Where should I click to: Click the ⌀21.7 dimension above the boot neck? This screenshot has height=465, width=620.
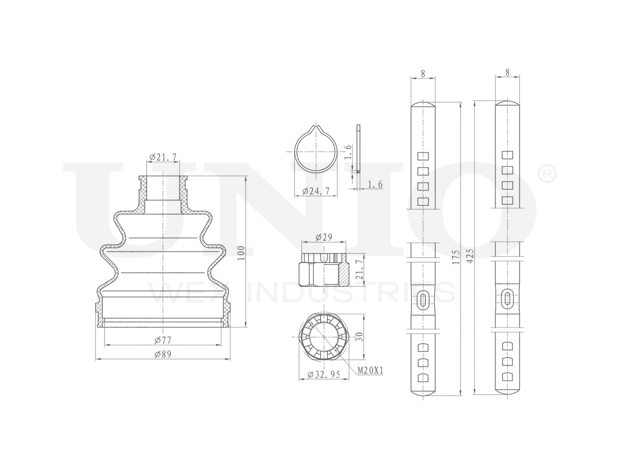(x=163, y=157)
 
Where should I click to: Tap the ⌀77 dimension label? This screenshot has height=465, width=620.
(x=163, y=341)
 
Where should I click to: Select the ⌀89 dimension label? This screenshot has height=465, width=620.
(x=163, y=355)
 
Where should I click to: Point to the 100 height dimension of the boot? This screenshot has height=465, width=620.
(x=241, y=253)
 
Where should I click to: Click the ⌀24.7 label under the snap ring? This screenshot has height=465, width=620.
(x=316, y=191)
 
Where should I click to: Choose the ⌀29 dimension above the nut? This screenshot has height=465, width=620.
(x=324, y=237)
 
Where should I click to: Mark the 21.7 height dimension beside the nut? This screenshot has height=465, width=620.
(x=359, y=270)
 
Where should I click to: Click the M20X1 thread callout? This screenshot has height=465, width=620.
(x=371, y=370)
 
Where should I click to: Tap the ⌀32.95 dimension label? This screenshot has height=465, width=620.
(x=324, y=374)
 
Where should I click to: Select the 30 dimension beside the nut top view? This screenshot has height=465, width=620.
(x=359, y=336)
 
